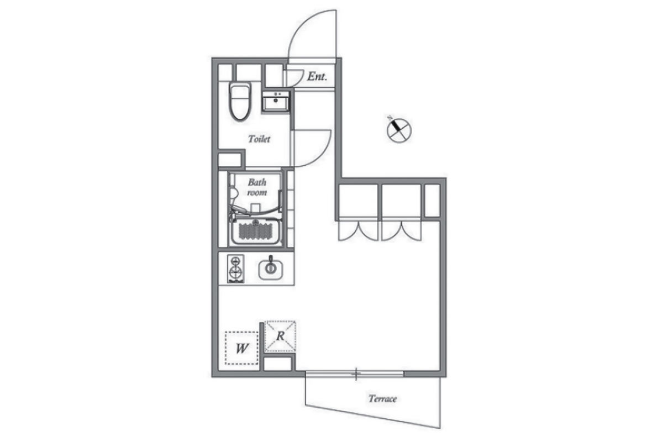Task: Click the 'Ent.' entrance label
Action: click(317, 77)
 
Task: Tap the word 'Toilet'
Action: click(259, 139)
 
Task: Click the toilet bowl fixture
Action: click(240, 102)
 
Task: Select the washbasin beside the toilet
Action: click(276, 101)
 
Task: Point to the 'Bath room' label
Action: click(257, 187)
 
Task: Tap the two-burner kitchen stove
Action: click(235, 269)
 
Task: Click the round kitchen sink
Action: click(271, 269)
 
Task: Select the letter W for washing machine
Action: click(241, 349)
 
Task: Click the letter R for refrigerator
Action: click(280, 336)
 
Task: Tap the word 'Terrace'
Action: click(382, 399)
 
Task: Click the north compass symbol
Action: click(399, 130)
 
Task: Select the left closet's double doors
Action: click(359, 230)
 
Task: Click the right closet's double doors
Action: click(401, 230)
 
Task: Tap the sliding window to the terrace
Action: click(355, 374)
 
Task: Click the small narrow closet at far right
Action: click(432, 201)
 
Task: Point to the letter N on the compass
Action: click(391, 118)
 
